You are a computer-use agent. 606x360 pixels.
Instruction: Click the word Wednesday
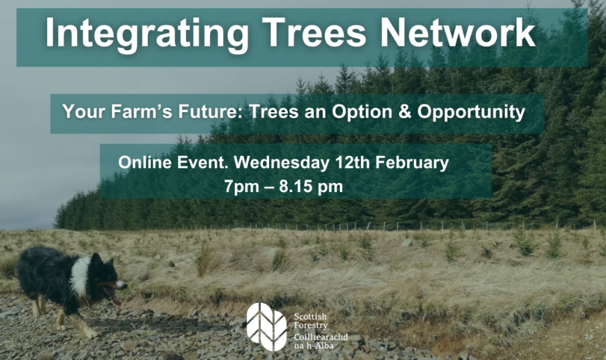pos(281,162)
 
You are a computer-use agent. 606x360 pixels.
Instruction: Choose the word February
pos(414,162)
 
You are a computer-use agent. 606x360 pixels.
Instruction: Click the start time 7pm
pos(239,187)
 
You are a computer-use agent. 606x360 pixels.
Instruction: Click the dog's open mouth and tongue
pos(113,295)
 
